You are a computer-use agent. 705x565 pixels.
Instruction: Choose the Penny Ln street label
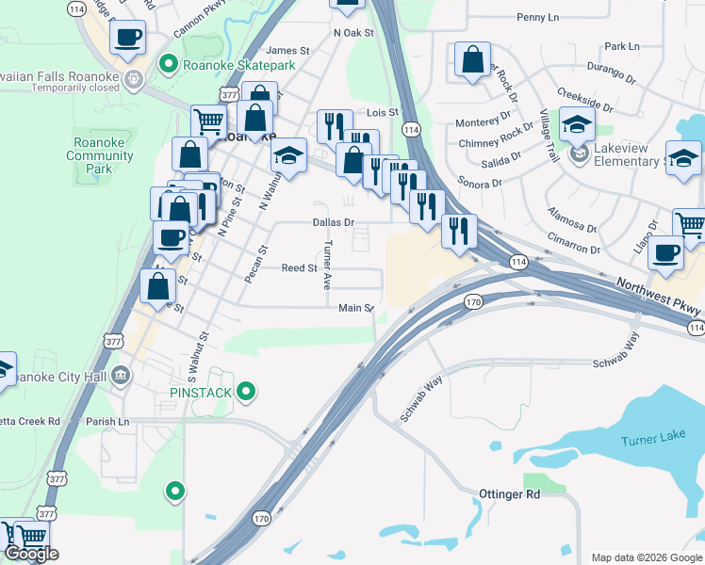coord(538,17)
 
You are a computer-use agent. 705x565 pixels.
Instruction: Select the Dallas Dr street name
coord(334,223)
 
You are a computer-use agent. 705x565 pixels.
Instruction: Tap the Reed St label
coord(300,268)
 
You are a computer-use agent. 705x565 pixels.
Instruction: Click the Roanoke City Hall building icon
coord(121,376)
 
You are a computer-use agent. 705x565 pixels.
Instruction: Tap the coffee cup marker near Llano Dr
coord(666,253)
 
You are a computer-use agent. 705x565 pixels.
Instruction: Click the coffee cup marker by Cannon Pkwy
coord(127,39)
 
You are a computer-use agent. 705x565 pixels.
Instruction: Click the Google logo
coord(31,554)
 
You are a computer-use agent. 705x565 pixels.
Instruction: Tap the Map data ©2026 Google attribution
coord(647,557)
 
